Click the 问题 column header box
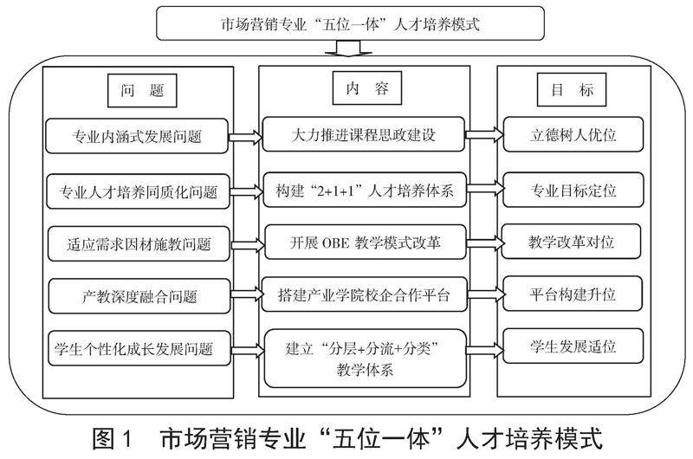(x=142, y=91)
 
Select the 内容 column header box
(x=366, y=88)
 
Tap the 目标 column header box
(x=572, y=90)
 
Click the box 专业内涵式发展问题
(x=137, y=136)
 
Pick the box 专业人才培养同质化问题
(x=138, y=191)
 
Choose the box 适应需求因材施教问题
(x=139, y=244)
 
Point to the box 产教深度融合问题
(x=139, y=296)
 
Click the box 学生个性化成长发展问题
(x=139, y=348)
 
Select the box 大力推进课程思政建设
(x=363, y=134)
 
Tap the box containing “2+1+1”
(x=365, y=190)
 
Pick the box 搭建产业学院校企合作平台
(x=365, y=294)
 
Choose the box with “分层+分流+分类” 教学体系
(x=365, y=359)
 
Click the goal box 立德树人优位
(x=573, y=134)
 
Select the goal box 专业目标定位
(x=573, y=190)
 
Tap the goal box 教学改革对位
(x=571, y=242)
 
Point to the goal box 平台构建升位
(x=573, y=294)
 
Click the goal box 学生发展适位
(x=573, y=346)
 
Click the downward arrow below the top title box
(x=348, y=48)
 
